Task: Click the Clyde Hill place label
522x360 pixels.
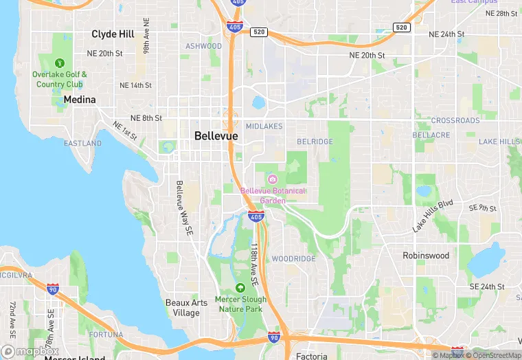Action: click(x=113, y=33)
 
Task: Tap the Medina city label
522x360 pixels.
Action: click(x=79, y=100)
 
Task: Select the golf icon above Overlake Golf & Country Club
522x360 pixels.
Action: click(x=60, y=63)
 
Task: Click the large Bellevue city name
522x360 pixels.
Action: click(x=216, y=136)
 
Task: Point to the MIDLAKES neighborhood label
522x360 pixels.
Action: click(x=264, y=126)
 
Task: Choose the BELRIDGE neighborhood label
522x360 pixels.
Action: click(x=315, y=142)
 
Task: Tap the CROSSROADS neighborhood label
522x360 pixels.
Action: click(x=455, y=120)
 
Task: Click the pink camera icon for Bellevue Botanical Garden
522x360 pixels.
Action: click(x=272, y=179)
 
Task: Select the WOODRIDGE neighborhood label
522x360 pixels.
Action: click(x=293, y=259)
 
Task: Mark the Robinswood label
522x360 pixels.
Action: click(x=426, y=256)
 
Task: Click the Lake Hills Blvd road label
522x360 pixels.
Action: click(x=433, y=216)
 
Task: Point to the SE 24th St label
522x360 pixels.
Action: click(x=487, y=286)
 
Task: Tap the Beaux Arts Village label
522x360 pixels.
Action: click(x=183, y=308)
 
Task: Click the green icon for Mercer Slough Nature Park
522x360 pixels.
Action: click(x=240, y=288)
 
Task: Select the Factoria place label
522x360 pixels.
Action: click(x=311, y=356)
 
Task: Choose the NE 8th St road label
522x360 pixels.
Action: click(x=146, y=118)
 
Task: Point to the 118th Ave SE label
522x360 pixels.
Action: click(x=253, y=263)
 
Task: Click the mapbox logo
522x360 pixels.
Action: click(x=30, y=351)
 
